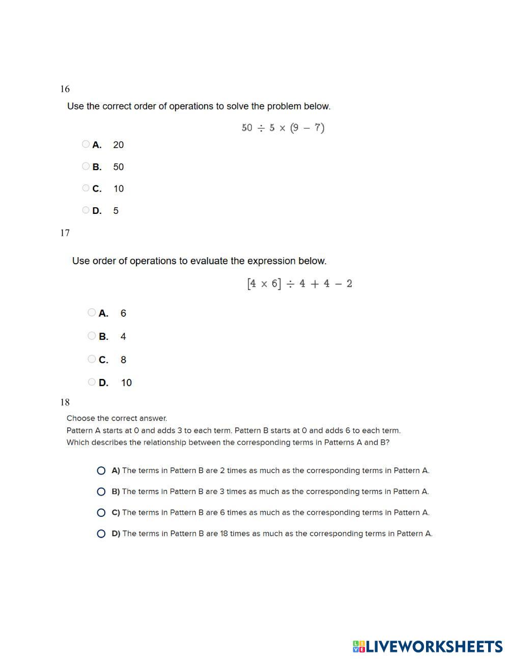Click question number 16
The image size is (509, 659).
tap(65, 89)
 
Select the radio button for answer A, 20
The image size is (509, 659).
tap(86, 144)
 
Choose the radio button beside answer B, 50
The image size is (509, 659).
tap(86, 166)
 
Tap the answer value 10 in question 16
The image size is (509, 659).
tap(119, 189)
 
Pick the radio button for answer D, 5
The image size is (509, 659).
tap(86, 210)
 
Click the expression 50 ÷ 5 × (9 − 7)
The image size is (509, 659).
tap(283, 127)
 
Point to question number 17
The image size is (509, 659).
tap(65, 233)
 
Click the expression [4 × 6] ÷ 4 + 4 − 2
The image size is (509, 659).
tap(299, 284)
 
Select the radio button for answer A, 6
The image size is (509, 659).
tap(92, 312)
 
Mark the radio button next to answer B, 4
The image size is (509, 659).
tap(92, 336)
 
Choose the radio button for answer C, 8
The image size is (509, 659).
tap(92, 359)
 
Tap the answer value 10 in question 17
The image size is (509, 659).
tap(126, 383)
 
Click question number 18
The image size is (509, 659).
tap(65, 402)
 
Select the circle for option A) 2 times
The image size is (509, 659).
tap(101, 471)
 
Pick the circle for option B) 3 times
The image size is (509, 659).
tap(101, 491)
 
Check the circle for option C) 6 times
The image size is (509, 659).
tap(101, 513)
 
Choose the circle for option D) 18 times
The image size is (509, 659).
tap(101, 534)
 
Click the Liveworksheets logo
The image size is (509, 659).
tap(428, 647)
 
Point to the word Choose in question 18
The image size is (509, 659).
tap(79, 418)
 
